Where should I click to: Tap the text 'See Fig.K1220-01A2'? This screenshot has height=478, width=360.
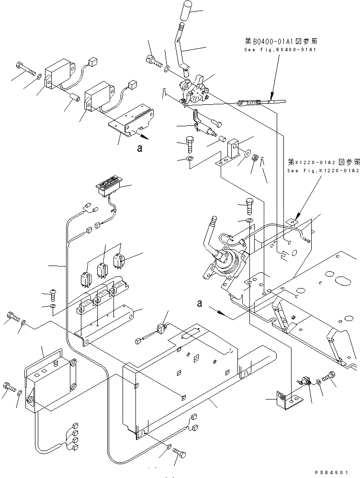coord(323,170)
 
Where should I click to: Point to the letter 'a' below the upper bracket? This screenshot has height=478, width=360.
coord(139,149)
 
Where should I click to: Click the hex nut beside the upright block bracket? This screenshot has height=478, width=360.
coord(256,157)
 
